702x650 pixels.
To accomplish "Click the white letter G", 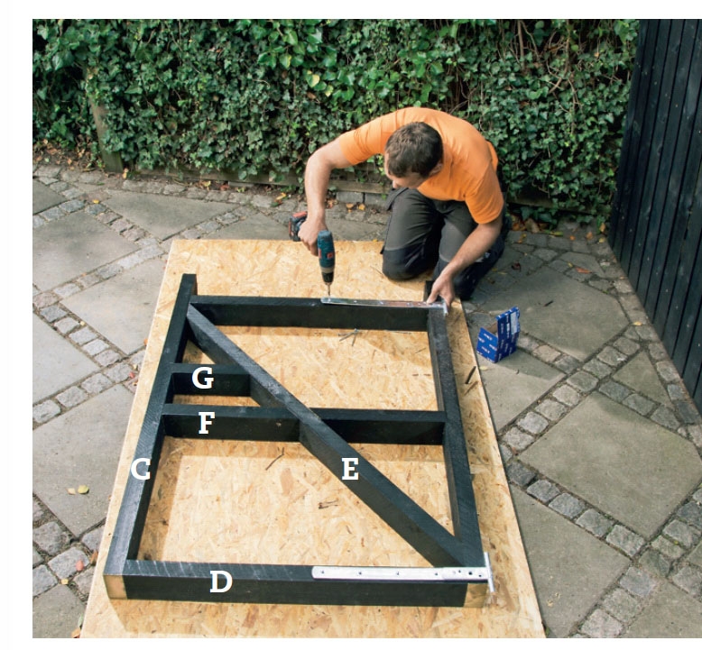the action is point(202,378).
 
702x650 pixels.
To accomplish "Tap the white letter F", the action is point(207,423).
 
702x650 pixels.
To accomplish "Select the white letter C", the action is point(140,470).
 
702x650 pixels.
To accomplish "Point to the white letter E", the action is point(350,470).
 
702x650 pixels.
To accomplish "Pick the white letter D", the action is point(221,581).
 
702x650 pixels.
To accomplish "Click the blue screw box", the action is point(499,334).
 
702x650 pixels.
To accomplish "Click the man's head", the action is point(412,152).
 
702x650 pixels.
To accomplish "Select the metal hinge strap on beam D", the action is point(403,573).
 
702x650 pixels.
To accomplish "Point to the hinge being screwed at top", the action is point(385,304).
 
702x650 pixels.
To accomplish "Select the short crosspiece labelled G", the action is point(210,380).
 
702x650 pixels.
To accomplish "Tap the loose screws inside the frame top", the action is point(350,335).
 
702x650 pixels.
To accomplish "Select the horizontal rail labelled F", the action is point(304,425).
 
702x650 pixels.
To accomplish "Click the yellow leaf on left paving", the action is point(83,490).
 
